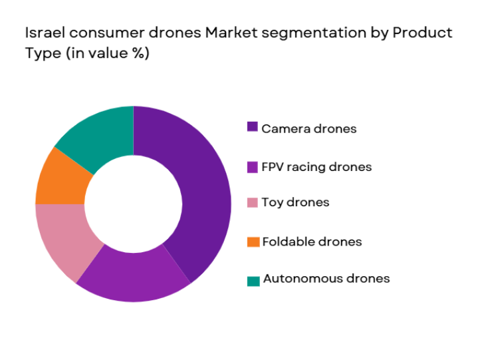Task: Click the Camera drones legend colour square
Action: [x=253, y=127]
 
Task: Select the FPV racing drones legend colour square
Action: [x=253, y=166]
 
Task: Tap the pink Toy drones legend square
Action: [x=253, y=202]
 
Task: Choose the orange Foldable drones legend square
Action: [x=253, y=242]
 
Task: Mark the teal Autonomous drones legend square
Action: [x=253, y=280]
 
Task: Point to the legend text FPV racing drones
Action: [x=316, y=166]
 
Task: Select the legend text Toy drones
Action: [x=295, y=202]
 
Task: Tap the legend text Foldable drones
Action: [x=312, y=242]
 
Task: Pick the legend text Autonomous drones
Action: [x=326, y=279]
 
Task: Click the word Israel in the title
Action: [x=44, y=33]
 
